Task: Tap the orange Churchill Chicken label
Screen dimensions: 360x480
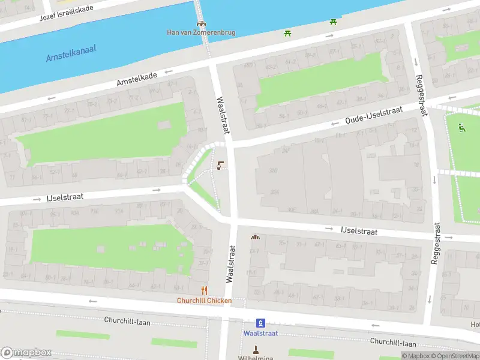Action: point(204,301)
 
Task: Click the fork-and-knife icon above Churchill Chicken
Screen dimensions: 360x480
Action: point(204,290)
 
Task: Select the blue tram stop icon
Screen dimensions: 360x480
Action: point(260,322)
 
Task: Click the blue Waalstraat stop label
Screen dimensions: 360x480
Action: point(260,333)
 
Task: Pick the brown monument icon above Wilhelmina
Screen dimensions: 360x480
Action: point(256,349)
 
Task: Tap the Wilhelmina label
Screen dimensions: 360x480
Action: point(256,358)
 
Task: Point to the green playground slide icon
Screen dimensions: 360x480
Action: point(461,127)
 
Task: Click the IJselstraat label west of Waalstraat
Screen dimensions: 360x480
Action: point(65,196)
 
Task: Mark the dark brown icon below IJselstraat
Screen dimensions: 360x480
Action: point(255,237)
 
